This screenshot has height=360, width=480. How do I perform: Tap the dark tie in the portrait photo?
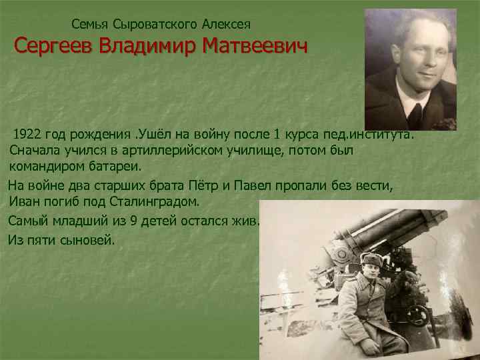415,115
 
